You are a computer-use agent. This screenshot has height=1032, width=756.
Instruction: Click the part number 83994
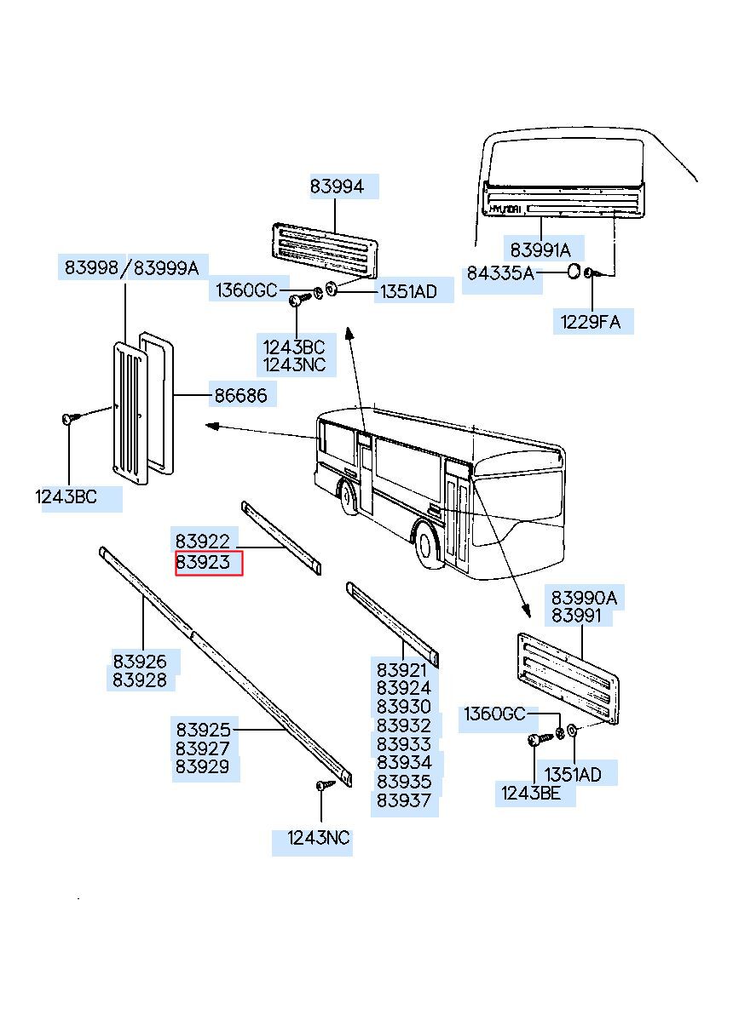336,186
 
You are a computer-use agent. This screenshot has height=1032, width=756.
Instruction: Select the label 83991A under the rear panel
540,249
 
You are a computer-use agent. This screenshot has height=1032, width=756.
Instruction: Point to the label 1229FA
591,322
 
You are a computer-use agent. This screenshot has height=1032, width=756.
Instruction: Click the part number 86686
239,395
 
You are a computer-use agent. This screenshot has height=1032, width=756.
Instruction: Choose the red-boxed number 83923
203,563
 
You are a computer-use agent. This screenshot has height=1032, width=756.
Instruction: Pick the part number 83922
203,541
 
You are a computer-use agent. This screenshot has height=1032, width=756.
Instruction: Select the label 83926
140,661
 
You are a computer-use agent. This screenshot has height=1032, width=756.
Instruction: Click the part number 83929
203,767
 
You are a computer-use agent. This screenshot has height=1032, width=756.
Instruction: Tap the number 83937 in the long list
404,800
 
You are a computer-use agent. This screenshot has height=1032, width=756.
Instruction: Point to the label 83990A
584,598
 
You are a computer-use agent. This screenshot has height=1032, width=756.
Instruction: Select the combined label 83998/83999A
131,268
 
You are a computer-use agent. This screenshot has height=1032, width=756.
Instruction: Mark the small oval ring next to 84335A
574,272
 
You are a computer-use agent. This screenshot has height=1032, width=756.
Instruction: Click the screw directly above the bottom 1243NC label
323,784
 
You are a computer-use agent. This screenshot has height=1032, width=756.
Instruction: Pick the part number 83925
203,730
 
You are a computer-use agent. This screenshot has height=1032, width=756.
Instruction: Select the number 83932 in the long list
404,725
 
